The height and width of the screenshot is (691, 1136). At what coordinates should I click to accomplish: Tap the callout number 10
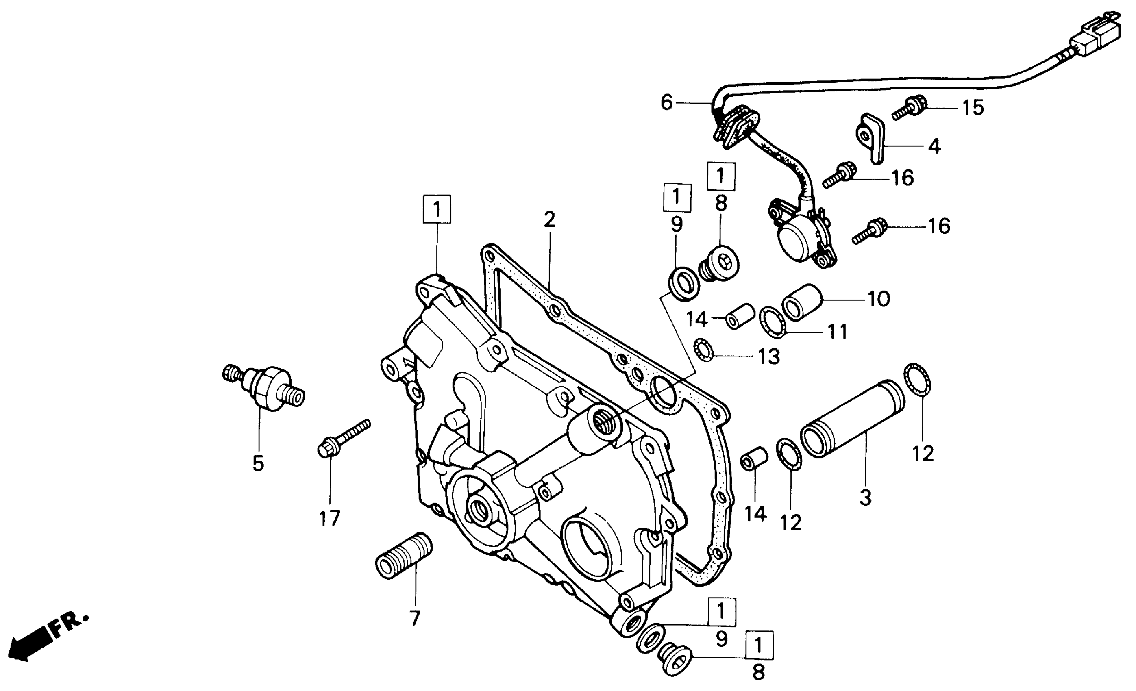click(879, 300)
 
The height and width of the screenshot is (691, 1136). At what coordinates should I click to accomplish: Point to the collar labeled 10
click(802, 302)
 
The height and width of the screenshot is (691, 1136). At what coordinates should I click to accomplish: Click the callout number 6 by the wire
click(667, 102)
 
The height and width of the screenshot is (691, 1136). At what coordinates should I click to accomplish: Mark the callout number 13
click(769, 357)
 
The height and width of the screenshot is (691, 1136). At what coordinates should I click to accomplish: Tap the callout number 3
click(865, 498)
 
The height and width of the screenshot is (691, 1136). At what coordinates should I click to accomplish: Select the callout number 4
click(934, 146)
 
